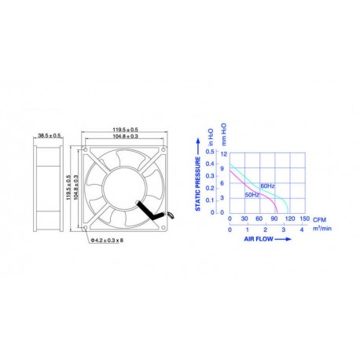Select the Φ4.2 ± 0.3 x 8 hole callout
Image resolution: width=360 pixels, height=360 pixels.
(108, 239)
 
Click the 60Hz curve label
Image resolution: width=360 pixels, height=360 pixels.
(268, 186)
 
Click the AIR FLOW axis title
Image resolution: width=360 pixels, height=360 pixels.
(259, 237)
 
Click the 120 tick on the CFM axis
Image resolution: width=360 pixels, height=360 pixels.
(289, 219)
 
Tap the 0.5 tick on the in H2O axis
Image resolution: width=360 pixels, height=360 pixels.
(210, 152)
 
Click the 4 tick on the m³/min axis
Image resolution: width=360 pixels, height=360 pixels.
(301, 229)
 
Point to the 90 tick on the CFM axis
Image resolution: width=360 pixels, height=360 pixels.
(274, 219)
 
